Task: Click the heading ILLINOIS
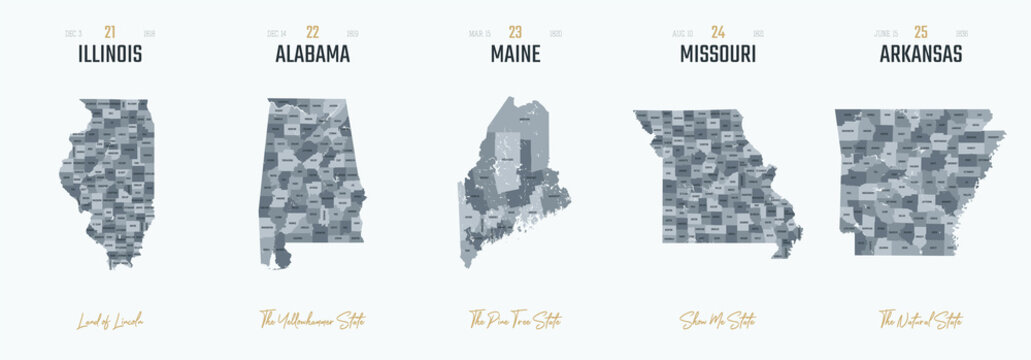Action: coord(110,55)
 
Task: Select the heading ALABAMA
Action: coord(312,55)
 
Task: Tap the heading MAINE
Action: coord(515,55)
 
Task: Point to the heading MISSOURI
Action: coord(717,55)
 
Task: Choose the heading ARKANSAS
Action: coord(920,55)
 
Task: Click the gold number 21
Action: coord(110,33)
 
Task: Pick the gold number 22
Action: coord(313,33)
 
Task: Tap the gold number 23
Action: coord(515,33)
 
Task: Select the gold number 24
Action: coord(717,33)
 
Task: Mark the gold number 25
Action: coord(920,33)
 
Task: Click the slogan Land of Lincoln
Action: coord(110,321)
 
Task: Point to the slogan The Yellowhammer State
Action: coord(312,321)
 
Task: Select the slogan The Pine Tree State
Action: coord(515,321)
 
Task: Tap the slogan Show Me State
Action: coord(717,321)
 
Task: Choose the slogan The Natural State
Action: coord(920,321)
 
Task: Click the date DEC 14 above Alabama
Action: coord(277,34)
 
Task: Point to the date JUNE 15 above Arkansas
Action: coord(886,34)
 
